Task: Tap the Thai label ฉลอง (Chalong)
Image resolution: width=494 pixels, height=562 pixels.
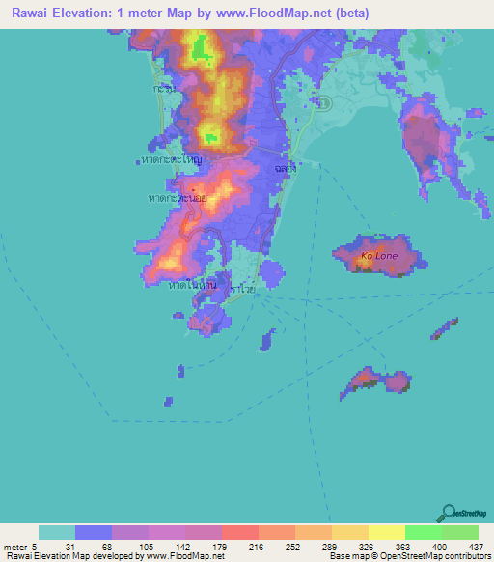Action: tap(284, 167)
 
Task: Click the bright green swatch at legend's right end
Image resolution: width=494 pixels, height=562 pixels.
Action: tap(460, 532)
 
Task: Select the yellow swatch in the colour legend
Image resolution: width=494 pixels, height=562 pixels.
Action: tap(386, 532)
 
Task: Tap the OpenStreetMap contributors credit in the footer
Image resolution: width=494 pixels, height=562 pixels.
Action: tap(425, 556)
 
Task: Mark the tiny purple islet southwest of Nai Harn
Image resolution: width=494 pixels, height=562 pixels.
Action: tap(170, 400)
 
